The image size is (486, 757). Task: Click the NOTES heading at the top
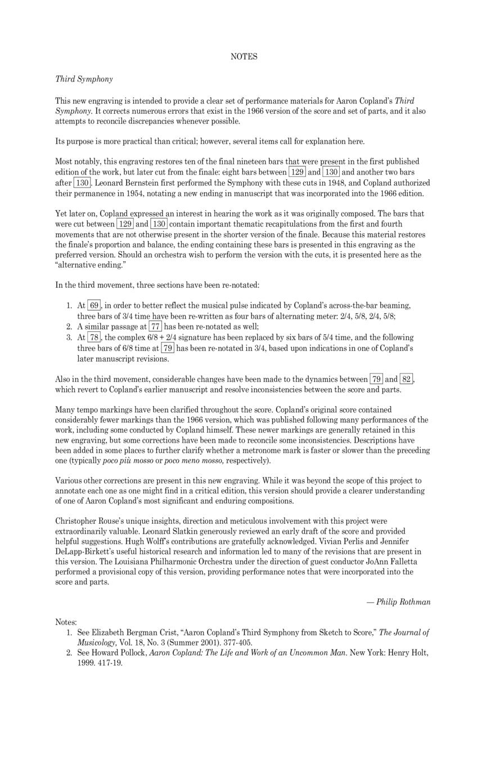pos(244,56)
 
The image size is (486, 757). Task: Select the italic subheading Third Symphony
pos(84,79)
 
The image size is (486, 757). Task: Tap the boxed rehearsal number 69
pos(94,306)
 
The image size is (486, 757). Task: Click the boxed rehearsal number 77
pos(156,327)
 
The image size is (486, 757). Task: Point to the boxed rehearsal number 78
pos(94,337)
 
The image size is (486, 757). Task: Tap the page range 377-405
pos(236,642)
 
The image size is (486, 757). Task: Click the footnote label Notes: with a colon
pos(66,622)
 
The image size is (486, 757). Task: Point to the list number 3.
pos(69,337)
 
